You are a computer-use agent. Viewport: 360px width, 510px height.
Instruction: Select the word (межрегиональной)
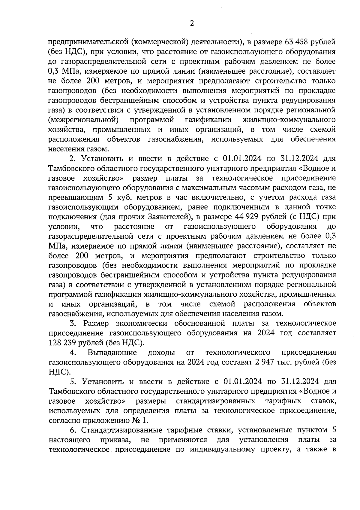click(82, 120)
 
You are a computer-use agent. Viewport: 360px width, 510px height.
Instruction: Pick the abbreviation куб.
click(123, 197)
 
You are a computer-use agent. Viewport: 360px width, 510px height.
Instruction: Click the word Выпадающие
click(112, 352)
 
